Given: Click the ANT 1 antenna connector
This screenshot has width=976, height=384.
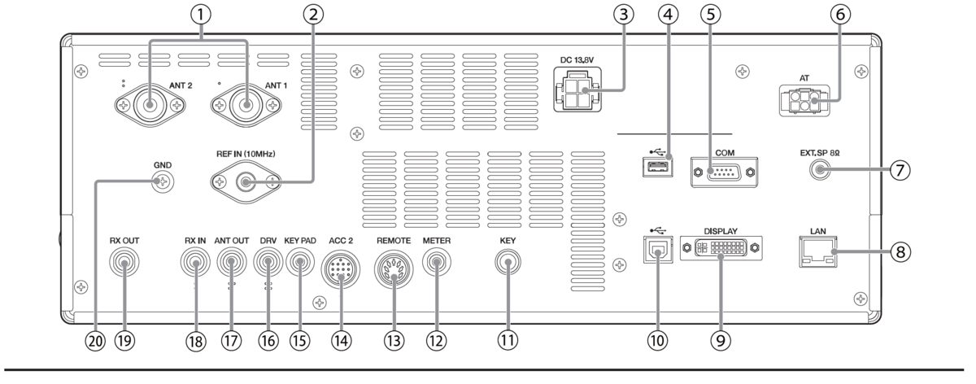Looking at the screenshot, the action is coord(246,106).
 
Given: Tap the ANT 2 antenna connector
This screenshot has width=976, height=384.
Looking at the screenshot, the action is coord(150,106).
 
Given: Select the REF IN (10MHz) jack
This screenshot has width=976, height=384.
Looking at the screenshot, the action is coord(246,182).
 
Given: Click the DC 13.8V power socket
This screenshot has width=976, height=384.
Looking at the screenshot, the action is coord(577,89).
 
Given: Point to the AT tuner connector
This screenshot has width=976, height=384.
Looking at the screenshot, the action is coord(804,101).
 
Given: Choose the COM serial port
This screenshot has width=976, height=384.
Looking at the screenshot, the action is coord(724,172).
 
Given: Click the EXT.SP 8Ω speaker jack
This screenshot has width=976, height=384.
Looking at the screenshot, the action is coord(820,169).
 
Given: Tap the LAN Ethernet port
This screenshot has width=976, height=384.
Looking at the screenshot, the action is coord(818,251).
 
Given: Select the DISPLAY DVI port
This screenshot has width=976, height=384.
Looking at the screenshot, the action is coord(721,248).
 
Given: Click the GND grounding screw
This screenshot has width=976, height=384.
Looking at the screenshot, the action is coord(163,181).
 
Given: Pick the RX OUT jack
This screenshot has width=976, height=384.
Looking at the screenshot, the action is coord(124,263).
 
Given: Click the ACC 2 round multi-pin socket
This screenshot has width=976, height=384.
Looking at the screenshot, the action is coord(340,270).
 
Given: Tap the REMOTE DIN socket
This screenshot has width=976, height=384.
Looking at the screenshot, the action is coord(394,269).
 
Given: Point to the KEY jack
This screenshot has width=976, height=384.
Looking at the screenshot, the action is coord(508,262).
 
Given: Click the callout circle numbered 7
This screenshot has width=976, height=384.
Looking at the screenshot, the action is coord(900,169).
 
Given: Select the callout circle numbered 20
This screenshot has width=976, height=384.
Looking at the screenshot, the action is coord(95,340).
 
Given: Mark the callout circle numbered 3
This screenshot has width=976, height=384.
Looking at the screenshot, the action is coord(624,15).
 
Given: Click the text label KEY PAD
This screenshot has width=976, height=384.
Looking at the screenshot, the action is coord(300,241).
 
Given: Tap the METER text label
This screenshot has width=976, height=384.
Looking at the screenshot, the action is coord(437,241).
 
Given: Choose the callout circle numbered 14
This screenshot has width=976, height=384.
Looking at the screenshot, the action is coord(341,340).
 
